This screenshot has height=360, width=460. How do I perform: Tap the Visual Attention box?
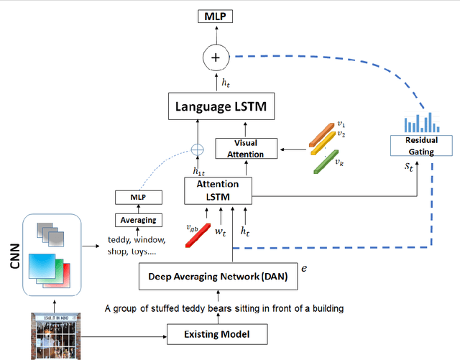coord(246,149)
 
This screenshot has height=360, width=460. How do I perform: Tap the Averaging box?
coord(139,220)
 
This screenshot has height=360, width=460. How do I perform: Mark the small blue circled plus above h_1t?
coord(197,149)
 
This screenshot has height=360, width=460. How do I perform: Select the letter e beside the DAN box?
coord(304,267)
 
